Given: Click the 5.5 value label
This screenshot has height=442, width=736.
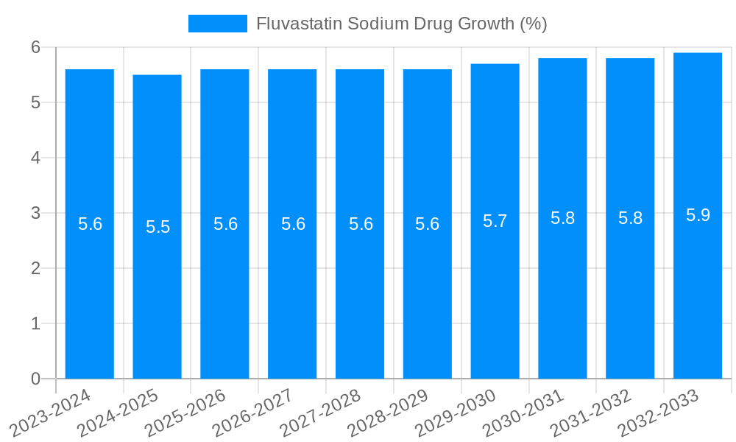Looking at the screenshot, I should coord(158,227).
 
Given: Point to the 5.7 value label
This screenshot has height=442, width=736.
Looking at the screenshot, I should coord(495,221).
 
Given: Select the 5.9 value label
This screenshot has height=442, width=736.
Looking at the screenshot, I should coord(698,215).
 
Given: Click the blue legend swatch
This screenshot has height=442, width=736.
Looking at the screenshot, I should coord(218,24).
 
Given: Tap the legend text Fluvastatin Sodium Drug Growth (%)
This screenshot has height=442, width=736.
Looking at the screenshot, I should coord(401,24).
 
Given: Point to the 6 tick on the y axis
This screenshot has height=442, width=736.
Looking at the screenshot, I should coord(35,47).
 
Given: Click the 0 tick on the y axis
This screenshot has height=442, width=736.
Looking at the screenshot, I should coord(35,379).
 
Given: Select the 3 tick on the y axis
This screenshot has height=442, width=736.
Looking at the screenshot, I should coord(35,213).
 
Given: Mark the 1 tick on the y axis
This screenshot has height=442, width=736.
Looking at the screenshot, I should coord(35,323).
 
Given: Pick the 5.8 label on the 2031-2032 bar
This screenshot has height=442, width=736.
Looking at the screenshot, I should coord(630,218).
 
